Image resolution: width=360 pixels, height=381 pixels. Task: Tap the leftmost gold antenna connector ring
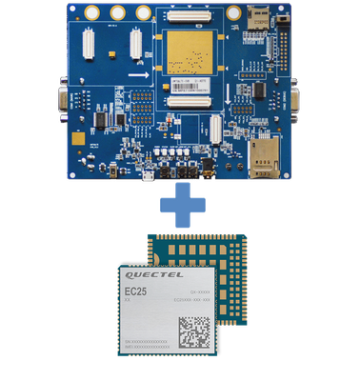coord(91,12)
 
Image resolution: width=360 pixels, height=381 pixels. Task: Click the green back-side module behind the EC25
coord(229,252)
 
